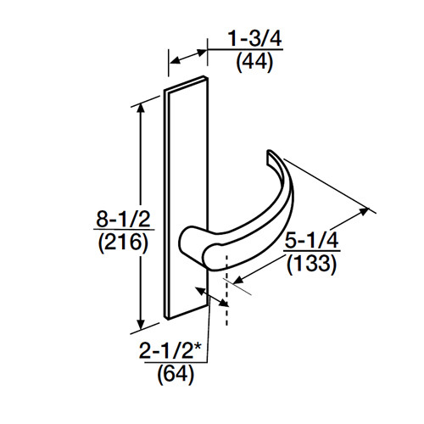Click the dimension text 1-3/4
coord(254,38)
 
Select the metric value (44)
coord(254,61)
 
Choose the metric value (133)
coord(310,265)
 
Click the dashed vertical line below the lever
coord(226,310)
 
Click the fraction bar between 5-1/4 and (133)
coord(310,253)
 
